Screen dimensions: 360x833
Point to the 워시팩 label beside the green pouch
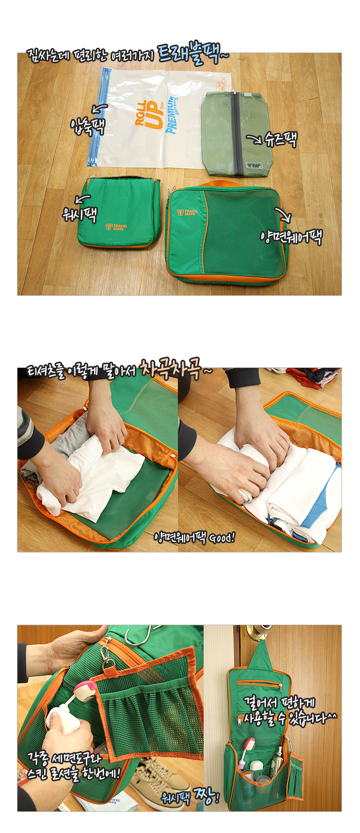(x=80, y=214)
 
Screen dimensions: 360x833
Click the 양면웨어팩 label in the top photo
(x=291, y=236)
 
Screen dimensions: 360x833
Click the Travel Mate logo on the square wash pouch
(x=116, y=227)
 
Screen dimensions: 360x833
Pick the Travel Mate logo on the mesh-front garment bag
(x=188, y=212)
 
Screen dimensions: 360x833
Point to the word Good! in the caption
(x=222, y=537)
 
